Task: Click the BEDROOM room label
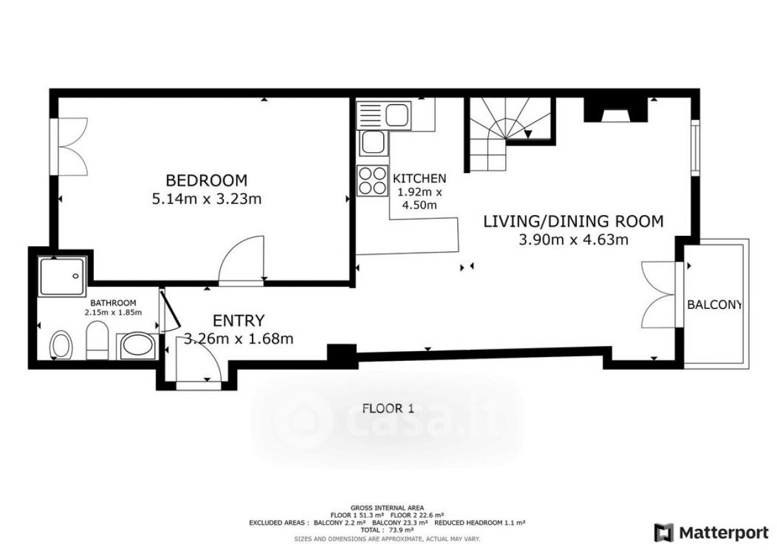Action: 207,181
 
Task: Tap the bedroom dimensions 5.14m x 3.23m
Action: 207,199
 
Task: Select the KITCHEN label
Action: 419,178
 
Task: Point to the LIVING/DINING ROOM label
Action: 574,222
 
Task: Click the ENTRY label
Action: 238,321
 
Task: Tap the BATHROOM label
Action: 113,303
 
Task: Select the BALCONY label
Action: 714,304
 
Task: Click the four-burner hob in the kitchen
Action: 372,181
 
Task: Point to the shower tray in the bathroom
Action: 62,277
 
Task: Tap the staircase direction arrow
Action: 528,134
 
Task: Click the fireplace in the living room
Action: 616,109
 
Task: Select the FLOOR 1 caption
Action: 388,408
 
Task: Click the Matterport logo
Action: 712,533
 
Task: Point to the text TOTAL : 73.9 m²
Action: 387,530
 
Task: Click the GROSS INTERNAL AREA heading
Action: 387,508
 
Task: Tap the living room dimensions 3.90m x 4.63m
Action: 574,240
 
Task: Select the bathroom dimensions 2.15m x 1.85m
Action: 113,312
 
